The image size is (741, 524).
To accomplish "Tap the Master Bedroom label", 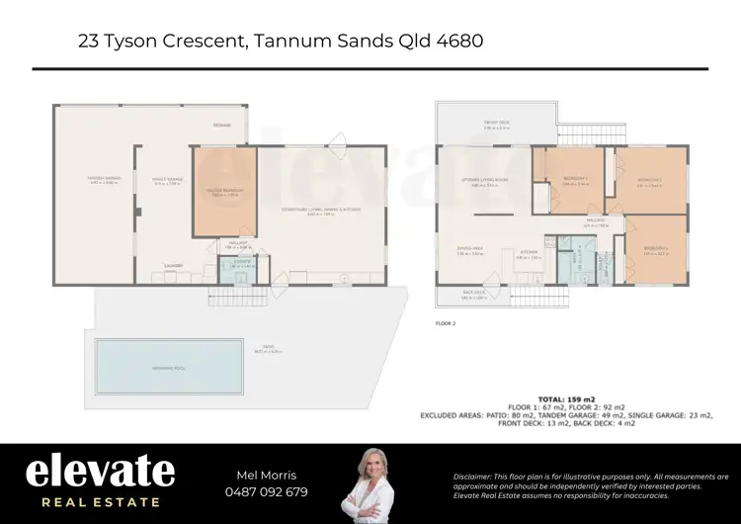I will (225, 190).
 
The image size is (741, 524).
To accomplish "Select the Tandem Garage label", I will (103, 179).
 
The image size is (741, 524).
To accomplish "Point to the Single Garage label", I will (167, 180).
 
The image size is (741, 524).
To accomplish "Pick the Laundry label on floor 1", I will (173, 265).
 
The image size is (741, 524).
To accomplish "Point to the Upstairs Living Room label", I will (483, 181).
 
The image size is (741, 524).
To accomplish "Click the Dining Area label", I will (469, 251).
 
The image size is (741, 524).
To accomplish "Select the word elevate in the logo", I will (100, 472).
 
